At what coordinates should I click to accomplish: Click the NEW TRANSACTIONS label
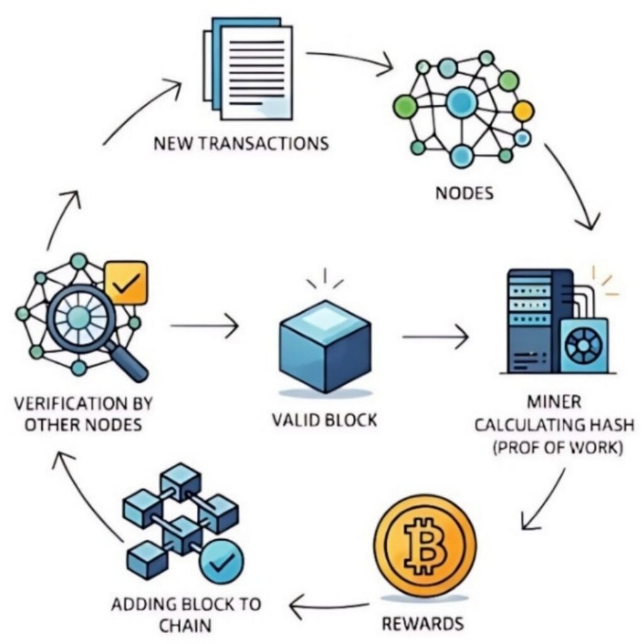(x=241, y=143)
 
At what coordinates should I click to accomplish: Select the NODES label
(x=464, y=192)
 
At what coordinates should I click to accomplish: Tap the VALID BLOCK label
(x=325, y=419)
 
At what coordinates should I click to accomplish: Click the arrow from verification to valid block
(x=204, y=326)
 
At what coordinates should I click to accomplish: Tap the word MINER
(x=554, y=401)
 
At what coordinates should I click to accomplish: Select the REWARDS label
(x=423, y=624)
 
